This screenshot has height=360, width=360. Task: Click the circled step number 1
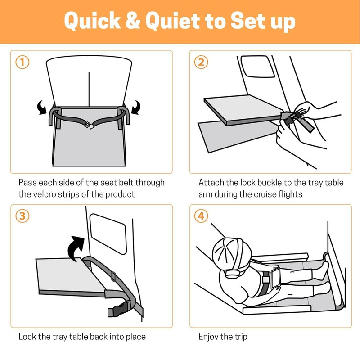pyautogui.click(x=22, y=62)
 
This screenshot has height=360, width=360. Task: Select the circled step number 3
pyautogui.click(x=22, y=216)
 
